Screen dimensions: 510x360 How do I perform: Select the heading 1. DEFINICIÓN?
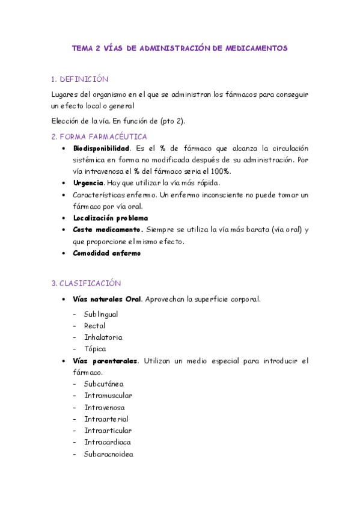pos(80,79)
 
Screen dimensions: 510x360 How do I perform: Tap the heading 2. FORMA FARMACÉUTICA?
pos(99,137)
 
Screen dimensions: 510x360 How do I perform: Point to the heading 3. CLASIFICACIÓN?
pos(87,283)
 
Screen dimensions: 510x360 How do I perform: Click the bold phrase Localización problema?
pos(110,218)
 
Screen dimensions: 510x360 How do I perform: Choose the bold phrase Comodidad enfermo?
pos(106,253)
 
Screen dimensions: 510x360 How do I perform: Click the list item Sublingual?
pos(101,314)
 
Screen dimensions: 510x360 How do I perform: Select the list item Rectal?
pos(95,326)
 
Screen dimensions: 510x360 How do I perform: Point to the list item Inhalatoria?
pos(103,337)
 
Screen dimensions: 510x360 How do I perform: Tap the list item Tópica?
pos(95,349)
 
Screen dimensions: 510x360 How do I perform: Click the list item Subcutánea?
pos(104,384)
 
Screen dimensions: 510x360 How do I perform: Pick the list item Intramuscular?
pos(108,396)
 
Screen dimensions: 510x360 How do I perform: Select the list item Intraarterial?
pos(106,419)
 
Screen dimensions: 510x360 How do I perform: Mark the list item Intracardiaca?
pos(108,442)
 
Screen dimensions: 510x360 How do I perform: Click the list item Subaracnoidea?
pos(108,454)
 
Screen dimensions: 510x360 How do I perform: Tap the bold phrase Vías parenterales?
pos(105,361)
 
